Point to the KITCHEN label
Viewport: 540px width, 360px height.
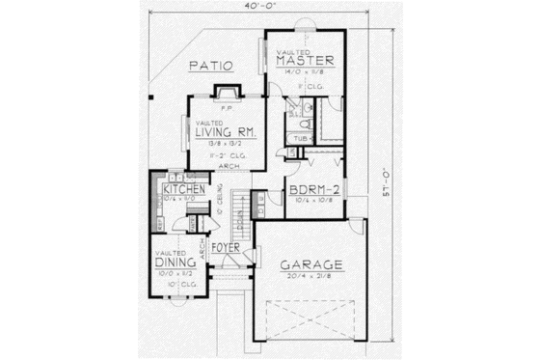coord(183,190)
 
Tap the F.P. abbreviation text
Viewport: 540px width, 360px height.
coord(224,109)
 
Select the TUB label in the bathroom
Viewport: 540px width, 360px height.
coord(301,138)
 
